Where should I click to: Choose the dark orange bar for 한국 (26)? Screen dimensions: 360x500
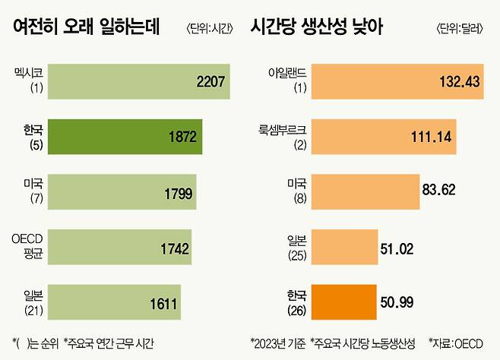[x=334, y=304]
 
